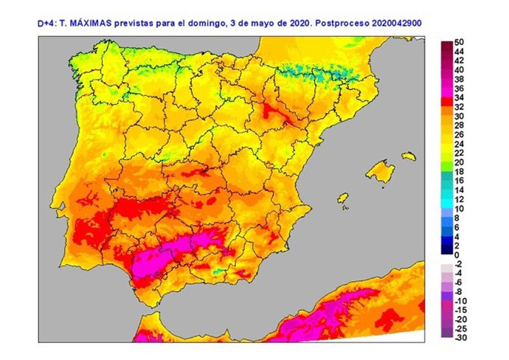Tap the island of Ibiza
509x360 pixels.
coord(342,199)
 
